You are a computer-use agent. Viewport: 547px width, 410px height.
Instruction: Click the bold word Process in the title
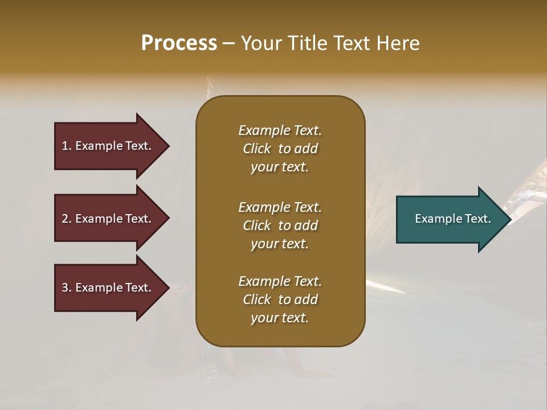(x=179, y=43)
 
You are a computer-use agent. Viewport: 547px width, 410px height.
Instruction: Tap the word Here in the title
(x=397, y=43)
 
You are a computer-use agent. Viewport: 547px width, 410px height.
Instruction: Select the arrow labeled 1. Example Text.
(x=108, y=146)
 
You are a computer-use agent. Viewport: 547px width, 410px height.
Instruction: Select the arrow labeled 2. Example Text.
(x=108, y=219)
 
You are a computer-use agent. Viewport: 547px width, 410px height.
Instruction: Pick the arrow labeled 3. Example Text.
(x=108, y=288)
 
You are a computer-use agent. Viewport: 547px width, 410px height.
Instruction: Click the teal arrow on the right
(x=450, y=219)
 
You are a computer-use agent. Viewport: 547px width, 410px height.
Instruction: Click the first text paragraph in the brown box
(x=280, y=149)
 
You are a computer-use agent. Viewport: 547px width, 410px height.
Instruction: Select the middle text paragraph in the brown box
(x=280, y=225)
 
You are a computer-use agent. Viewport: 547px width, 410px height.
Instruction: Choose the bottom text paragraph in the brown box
(x=280, y=300)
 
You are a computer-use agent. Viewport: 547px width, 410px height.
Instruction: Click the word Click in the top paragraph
(x=257, y=149)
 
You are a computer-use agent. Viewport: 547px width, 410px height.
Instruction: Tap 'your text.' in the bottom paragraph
(x=280, y=318)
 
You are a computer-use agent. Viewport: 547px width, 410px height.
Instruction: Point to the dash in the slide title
(x=229, y=43)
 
